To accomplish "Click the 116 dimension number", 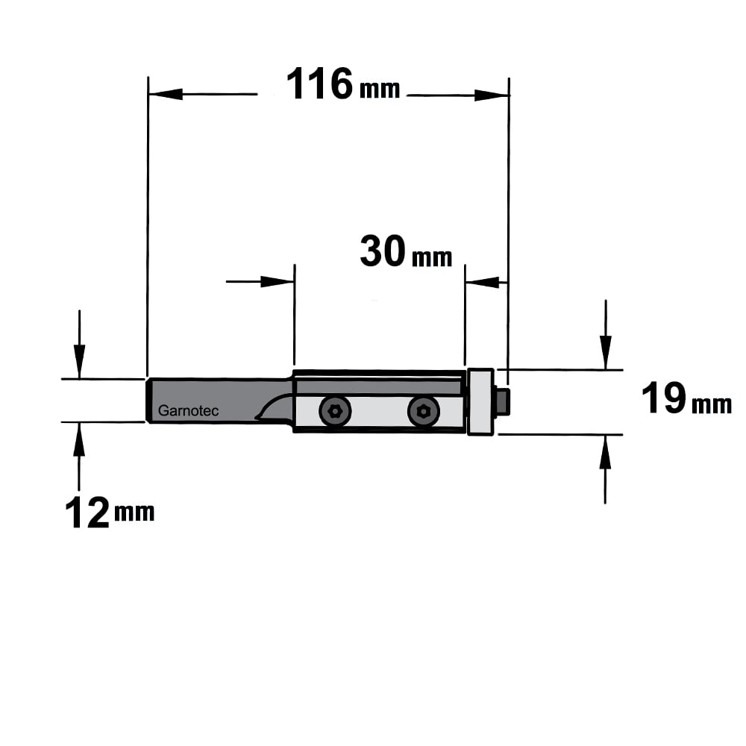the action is tap(319, 84).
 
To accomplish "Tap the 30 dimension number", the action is tap(383, 251).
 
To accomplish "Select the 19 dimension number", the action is tap(664, 398).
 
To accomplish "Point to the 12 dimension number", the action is tap(87, 513).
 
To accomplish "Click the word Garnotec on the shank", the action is tap(188, 410).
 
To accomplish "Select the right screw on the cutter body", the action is tap(424, 411).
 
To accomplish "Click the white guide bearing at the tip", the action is tap(480, 402).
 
